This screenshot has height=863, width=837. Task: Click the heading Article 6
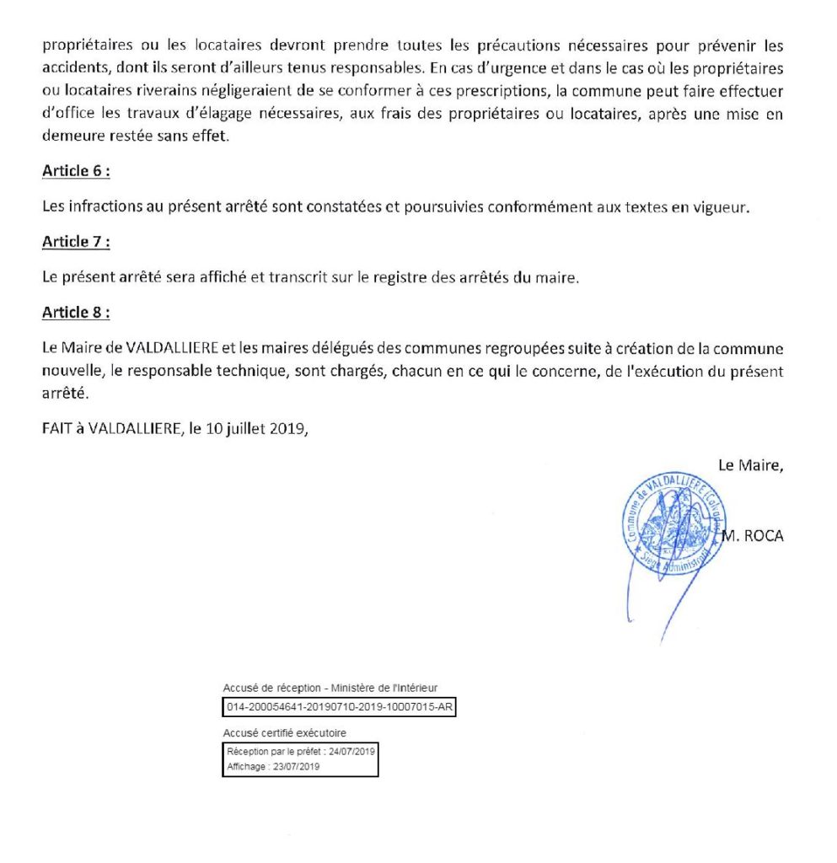click(x=76, y=171)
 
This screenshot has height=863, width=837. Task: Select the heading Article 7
click(x=76, y=243)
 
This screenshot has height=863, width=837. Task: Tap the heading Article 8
click(x=76, y=314)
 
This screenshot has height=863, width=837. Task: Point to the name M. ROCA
click(x=753, y=535)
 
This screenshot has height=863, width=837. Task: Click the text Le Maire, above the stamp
click(x=750, y=464)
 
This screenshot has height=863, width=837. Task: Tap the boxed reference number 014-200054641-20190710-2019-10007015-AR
click(x=339, y=706)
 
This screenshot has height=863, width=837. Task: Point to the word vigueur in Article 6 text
click(x=721, y=207)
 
